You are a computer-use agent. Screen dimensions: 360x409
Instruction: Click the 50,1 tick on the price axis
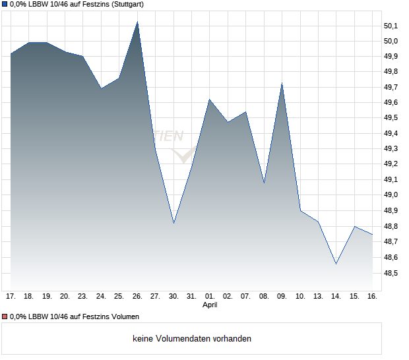391,26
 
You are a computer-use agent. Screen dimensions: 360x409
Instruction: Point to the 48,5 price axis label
391,273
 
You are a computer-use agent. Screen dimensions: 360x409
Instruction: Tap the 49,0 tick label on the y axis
391,195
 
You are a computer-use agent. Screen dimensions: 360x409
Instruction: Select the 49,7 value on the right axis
391,88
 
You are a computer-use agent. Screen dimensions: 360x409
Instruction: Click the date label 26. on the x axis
137,296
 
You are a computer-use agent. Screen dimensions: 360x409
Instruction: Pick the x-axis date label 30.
173,296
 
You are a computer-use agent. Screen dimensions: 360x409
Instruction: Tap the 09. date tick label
282,296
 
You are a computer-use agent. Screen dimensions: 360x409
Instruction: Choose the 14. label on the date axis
336,296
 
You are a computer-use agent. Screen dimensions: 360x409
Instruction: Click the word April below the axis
210,305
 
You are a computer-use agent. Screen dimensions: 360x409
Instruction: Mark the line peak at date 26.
137,22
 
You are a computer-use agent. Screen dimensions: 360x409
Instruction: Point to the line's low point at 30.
173,223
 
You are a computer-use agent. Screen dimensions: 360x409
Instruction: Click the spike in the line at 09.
282,83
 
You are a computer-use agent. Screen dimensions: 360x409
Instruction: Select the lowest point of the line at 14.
336,264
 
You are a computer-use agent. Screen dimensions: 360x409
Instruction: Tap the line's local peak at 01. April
210,100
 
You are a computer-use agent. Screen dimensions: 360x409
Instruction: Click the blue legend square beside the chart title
5,5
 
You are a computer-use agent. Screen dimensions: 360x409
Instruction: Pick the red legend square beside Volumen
5,317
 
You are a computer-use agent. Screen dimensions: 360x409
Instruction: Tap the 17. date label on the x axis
11,296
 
